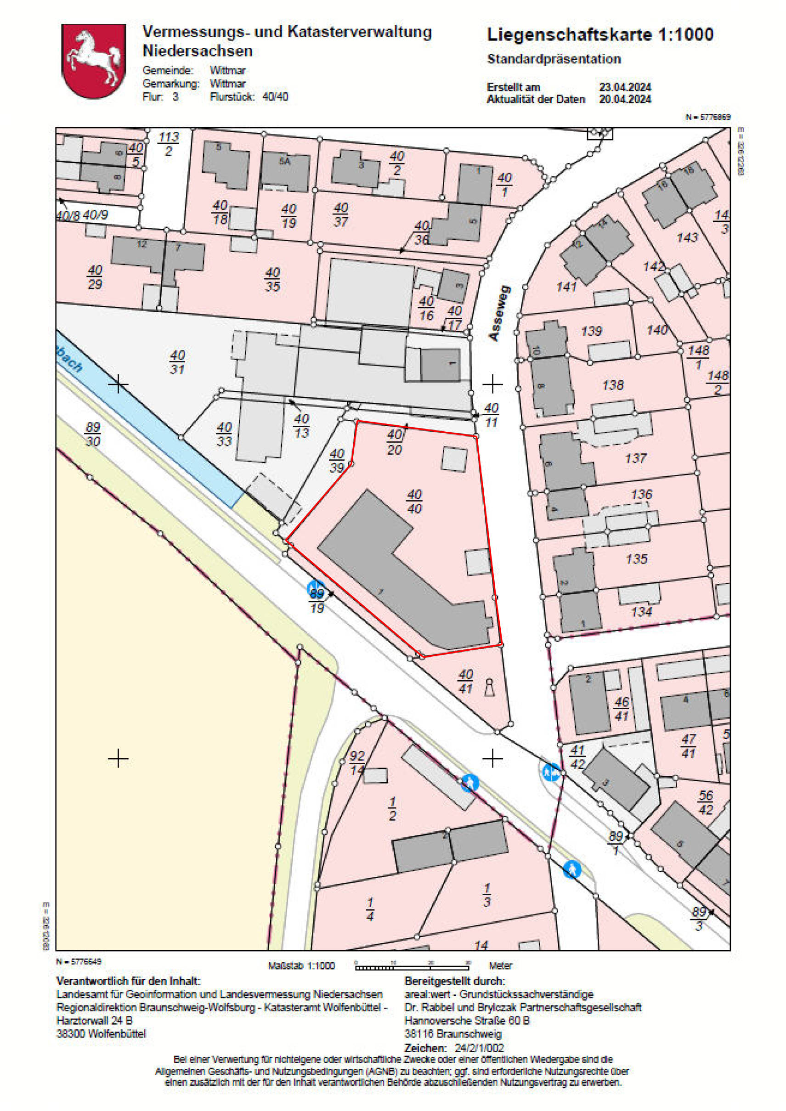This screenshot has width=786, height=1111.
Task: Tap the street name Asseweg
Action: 500,313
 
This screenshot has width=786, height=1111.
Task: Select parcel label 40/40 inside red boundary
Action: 414,502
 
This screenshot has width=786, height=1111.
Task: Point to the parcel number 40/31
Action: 177,362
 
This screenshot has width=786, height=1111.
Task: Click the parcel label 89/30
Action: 92,434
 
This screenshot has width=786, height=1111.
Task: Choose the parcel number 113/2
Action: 169,144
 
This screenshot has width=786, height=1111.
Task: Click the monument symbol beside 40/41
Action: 489,687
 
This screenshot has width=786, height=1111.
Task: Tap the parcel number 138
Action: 613,385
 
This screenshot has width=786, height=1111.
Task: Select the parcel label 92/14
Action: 357,762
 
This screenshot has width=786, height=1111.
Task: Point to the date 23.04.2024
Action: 625,87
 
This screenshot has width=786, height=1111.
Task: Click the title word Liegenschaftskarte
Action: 569,35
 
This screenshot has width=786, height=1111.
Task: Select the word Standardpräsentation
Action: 554,59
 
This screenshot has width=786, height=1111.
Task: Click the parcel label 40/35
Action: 272,280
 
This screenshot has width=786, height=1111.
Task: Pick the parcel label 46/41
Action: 621,708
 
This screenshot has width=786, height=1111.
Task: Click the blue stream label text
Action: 69,360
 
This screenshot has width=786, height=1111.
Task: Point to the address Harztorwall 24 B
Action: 94,1021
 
